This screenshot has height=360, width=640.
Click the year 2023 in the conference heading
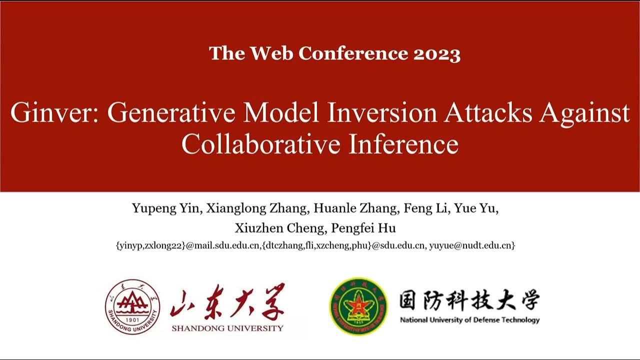point(436,53)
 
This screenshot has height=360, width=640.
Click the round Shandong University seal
point(132,306)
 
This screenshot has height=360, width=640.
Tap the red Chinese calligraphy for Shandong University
point(227,302)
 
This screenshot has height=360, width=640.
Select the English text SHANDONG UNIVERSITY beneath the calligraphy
point(227,328)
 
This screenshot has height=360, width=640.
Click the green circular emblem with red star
point(358,306)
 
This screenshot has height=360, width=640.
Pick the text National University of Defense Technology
point(469,320)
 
